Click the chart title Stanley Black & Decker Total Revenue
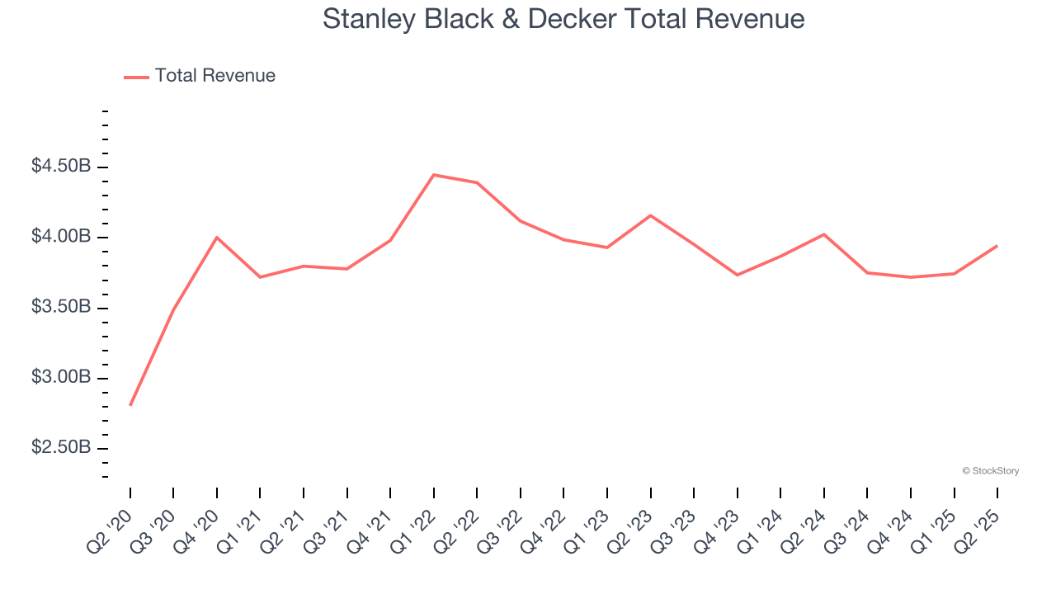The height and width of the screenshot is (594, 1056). click(x=563, y=18)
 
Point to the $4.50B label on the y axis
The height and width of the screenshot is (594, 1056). click(x=61, y=167)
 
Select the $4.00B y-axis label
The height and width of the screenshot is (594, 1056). click(x=61, y=237)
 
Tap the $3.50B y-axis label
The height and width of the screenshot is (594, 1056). click(x=61, y=308)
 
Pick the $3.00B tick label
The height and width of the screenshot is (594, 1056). click(x=61, y=378)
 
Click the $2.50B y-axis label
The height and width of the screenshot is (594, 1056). click(x=61, y=448)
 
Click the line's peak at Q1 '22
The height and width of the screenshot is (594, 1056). click(x=434, y=175)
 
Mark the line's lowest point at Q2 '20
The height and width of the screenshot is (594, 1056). click(x=130, y=405)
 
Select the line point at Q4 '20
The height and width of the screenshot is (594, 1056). click(x=217, y=238)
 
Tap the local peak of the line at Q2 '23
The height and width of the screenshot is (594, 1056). click(x=651, y=215)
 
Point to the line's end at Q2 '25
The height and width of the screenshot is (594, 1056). click(x=997, y=246)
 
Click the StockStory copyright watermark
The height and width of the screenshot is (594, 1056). click(x=990, y=471)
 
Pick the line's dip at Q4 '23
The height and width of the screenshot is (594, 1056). click(x=737, y=275)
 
